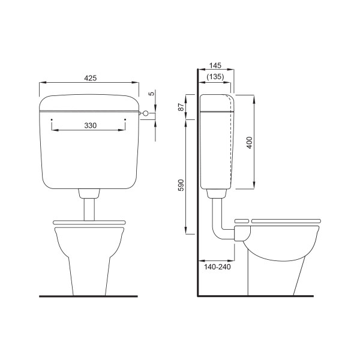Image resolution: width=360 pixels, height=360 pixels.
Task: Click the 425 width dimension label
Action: (x=91, y=78)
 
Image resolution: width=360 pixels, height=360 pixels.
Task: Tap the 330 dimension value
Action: (x=91, y=125)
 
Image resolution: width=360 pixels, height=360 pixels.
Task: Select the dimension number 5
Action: (x=151, y=94)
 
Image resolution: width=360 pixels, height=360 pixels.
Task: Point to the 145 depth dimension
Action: (x=215, y=65)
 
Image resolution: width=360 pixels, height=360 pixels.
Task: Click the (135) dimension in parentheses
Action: (x=215, y=76)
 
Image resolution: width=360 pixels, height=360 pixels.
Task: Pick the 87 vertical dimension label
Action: (x=181, y=107)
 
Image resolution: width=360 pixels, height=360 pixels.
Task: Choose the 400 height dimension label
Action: (x=250, y=143)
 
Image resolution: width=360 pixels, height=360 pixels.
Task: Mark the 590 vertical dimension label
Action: (x=181, y=185)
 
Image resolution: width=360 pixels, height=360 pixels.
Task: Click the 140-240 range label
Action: (x=217, y=267)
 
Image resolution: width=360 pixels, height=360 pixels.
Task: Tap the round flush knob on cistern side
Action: (x=146, y=113)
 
